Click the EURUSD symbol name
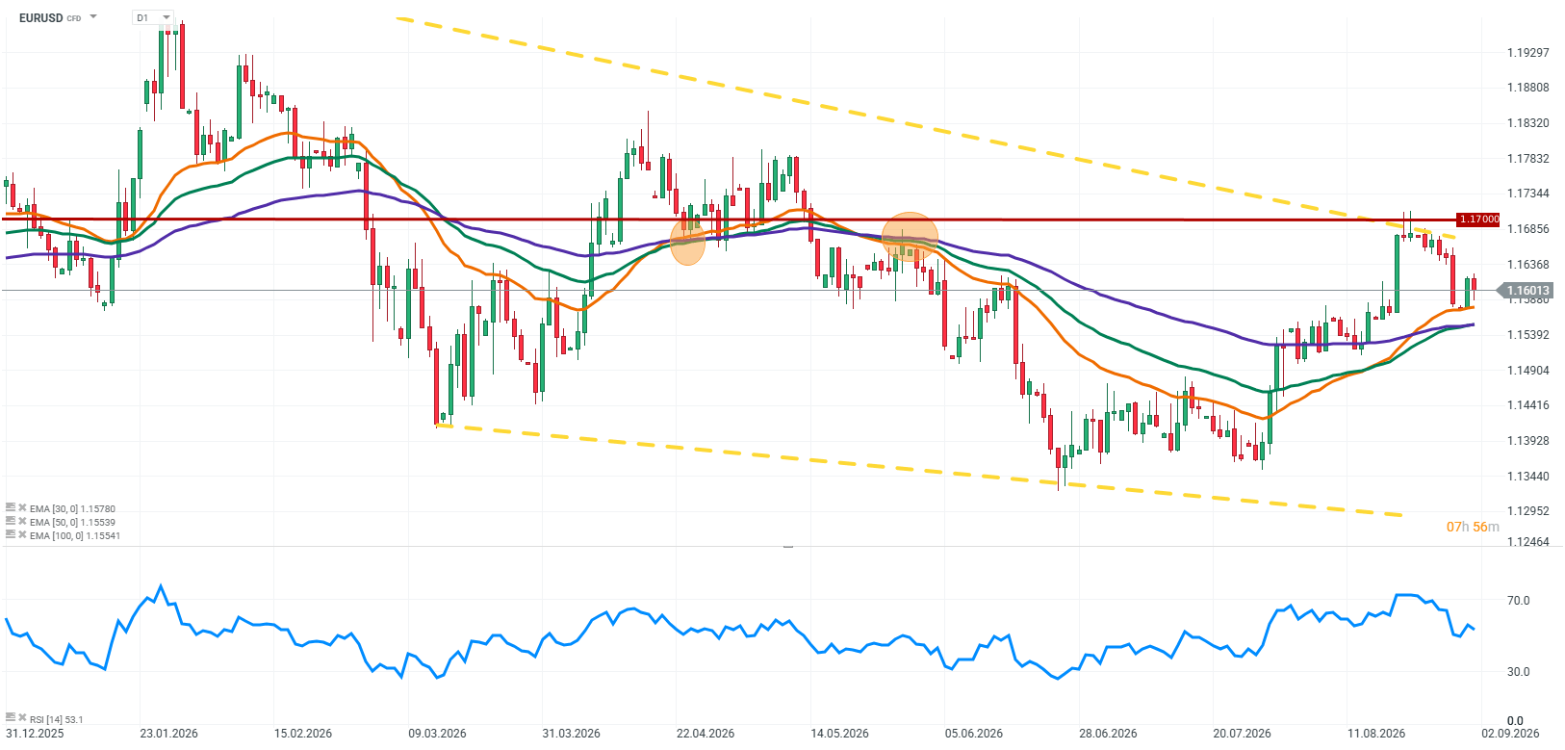(x=40, y=18)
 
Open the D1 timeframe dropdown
(x=153, y=17)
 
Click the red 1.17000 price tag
(x=1478, y=220)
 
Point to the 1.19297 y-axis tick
(x=1527, y=52)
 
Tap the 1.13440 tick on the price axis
(x=1527, y=477)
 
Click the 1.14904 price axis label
(x=1527, y=371)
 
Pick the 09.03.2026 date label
(x=437, y=734)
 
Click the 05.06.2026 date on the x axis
(x=974, y=734)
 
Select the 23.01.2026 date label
(x=169, y=734)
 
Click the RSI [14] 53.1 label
(x=56, y=719)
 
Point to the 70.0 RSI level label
(x=1518, y=601)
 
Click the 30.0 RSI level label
(x=1518, y=672)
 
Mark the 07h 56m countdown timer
(x=1473, y=527)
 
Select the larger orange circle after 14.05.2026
(x=910, y=237)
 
